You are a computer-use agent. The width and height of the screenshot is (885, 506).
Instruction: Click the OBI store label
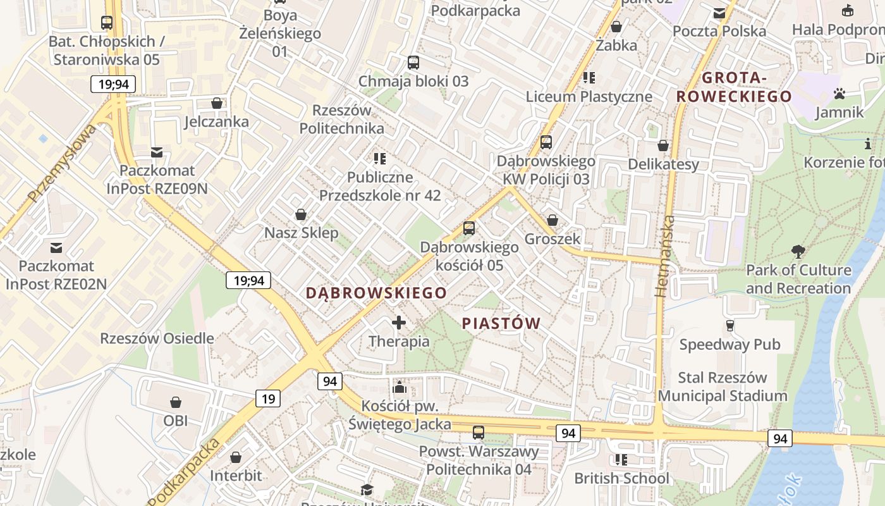[x=176, y=421]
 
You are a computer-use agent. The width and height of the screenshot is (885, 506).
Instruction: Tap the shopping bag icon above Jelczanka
[x=217, y=103]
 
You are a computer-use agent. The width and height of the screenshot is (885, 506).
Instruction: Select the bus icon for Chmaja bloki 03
[x=413, y=63]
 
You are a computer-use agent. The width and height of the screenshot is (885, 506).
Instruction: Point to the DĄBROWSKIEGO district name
[x=377, y=293]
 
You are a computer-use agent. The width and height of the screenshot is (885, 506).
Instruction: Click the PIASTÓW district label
[x=501, y=324]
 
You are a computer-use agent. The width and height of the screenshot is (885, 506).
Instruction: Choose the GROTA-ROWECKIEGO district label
[x=734, y=87]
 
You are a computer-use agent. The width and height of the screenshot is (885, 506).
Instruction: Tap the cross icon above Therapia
[x=399, y=323]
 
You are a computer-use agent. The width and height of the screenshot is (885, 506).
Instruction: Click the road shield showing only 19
[x=268, y=398]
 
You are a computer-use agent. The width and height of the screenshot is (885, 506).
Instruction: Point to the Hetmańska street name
[x=664, y=256]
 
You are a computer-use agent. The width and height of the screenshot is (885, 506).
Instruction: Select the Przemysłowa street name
[x=62, y=164]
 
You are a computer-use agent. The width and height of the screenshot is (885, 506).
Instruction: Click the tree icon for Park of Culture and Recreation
[x=798, y=252]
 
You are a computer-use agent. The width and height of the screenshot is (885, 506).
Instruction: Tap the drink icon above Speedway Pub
[x=729, y=326]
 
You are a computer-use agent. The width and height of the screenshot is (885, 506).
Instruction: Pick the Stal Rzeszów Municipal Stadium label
[x=723, y=387]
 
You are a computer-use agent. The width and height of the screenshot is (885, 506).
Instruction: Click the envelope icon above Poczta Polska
[x=719, y=13]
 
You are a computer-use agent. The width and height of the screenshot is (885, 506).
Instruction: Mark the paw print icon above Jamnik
[x=839, y=94]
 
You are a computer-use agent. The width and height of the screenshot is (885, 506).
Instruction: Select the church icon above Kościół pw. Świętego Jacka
[x=400, y=387]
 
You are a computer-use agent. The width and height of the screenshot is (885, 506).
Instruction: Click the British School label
[x=621, y=478]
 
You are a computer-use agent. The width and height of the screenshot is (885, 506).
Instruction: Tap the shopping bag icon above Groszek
[x=552, y=220]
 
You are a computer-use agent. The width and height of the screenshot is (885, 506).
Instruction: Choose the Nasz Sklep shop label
[x=302, y=233]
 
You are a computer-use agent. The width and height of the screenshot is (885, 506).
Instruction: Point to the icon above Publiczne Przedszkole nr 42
[x=379, y=159]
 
